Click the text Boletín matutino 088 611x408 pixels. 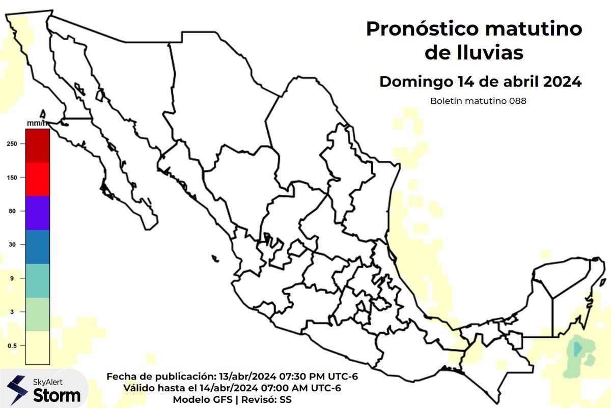coord(478,101)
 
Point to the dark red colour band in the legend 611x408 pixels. coord(37,145)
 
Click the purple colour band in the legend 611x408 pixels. coord(37,213)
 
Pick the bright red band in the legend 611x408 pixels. coord(37,179)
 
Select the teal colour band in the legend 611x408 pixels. coord(37,280)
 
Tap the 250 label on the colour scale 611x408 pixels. coord(12,144)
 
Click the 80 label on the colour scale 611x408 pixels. coord(12,211)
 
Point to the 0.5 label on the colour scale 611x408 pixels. coord(12,346)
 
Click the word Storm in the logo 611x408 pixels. coord(57,395)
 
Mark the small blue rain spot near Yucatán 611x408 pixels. coord(576,349)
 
